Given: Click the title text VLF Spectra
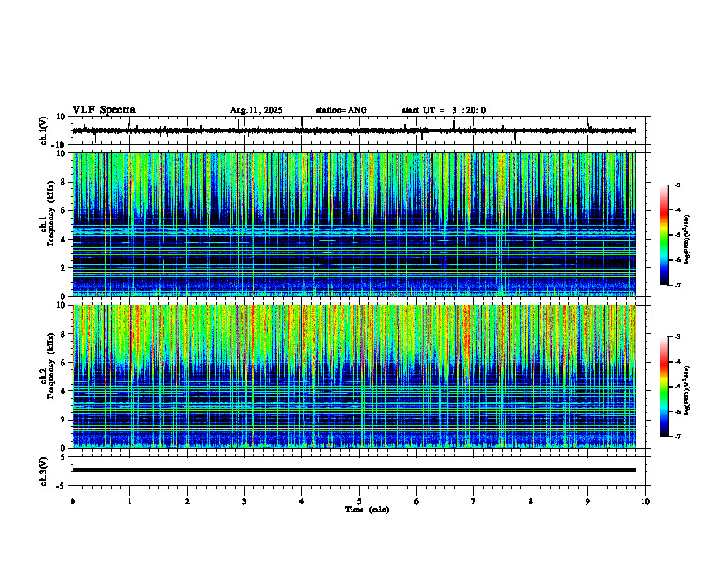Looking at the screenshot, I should coord(104,110).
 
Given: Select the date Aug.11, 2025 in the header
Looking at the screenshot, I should coord(256,110).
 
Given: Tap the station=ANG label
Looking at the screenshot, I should coord(341,110).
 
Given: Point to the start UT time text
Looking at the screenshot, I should coord(443,110).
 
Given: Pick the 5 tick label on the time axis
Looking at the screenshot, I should coord(359,501).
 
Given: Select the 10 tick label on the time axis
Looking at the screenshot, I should coord(645,501).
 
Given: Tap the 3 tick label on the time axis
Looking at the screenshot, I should coord(244,501).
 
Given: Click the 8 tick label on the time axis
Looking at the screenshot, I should coord(531,501).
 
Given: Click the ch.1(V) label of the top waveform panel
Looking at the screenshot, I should coord(44,130).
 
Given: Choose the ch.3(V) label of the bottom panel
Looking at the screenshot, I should coord(44,470).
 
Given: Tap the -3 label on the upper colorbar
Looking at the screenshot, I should coord(676,186).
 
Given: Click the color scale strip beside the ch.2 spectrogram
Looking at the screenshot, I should coord(665,387).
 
